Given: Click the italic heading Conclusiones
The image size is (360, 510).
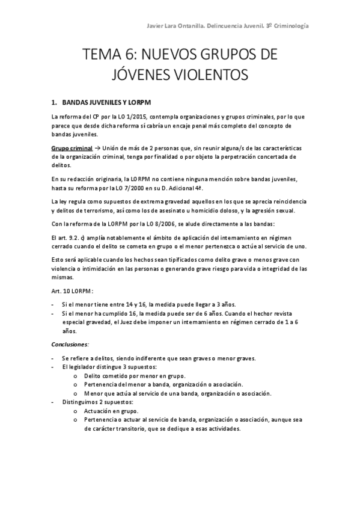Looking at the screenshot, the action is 70,345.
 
